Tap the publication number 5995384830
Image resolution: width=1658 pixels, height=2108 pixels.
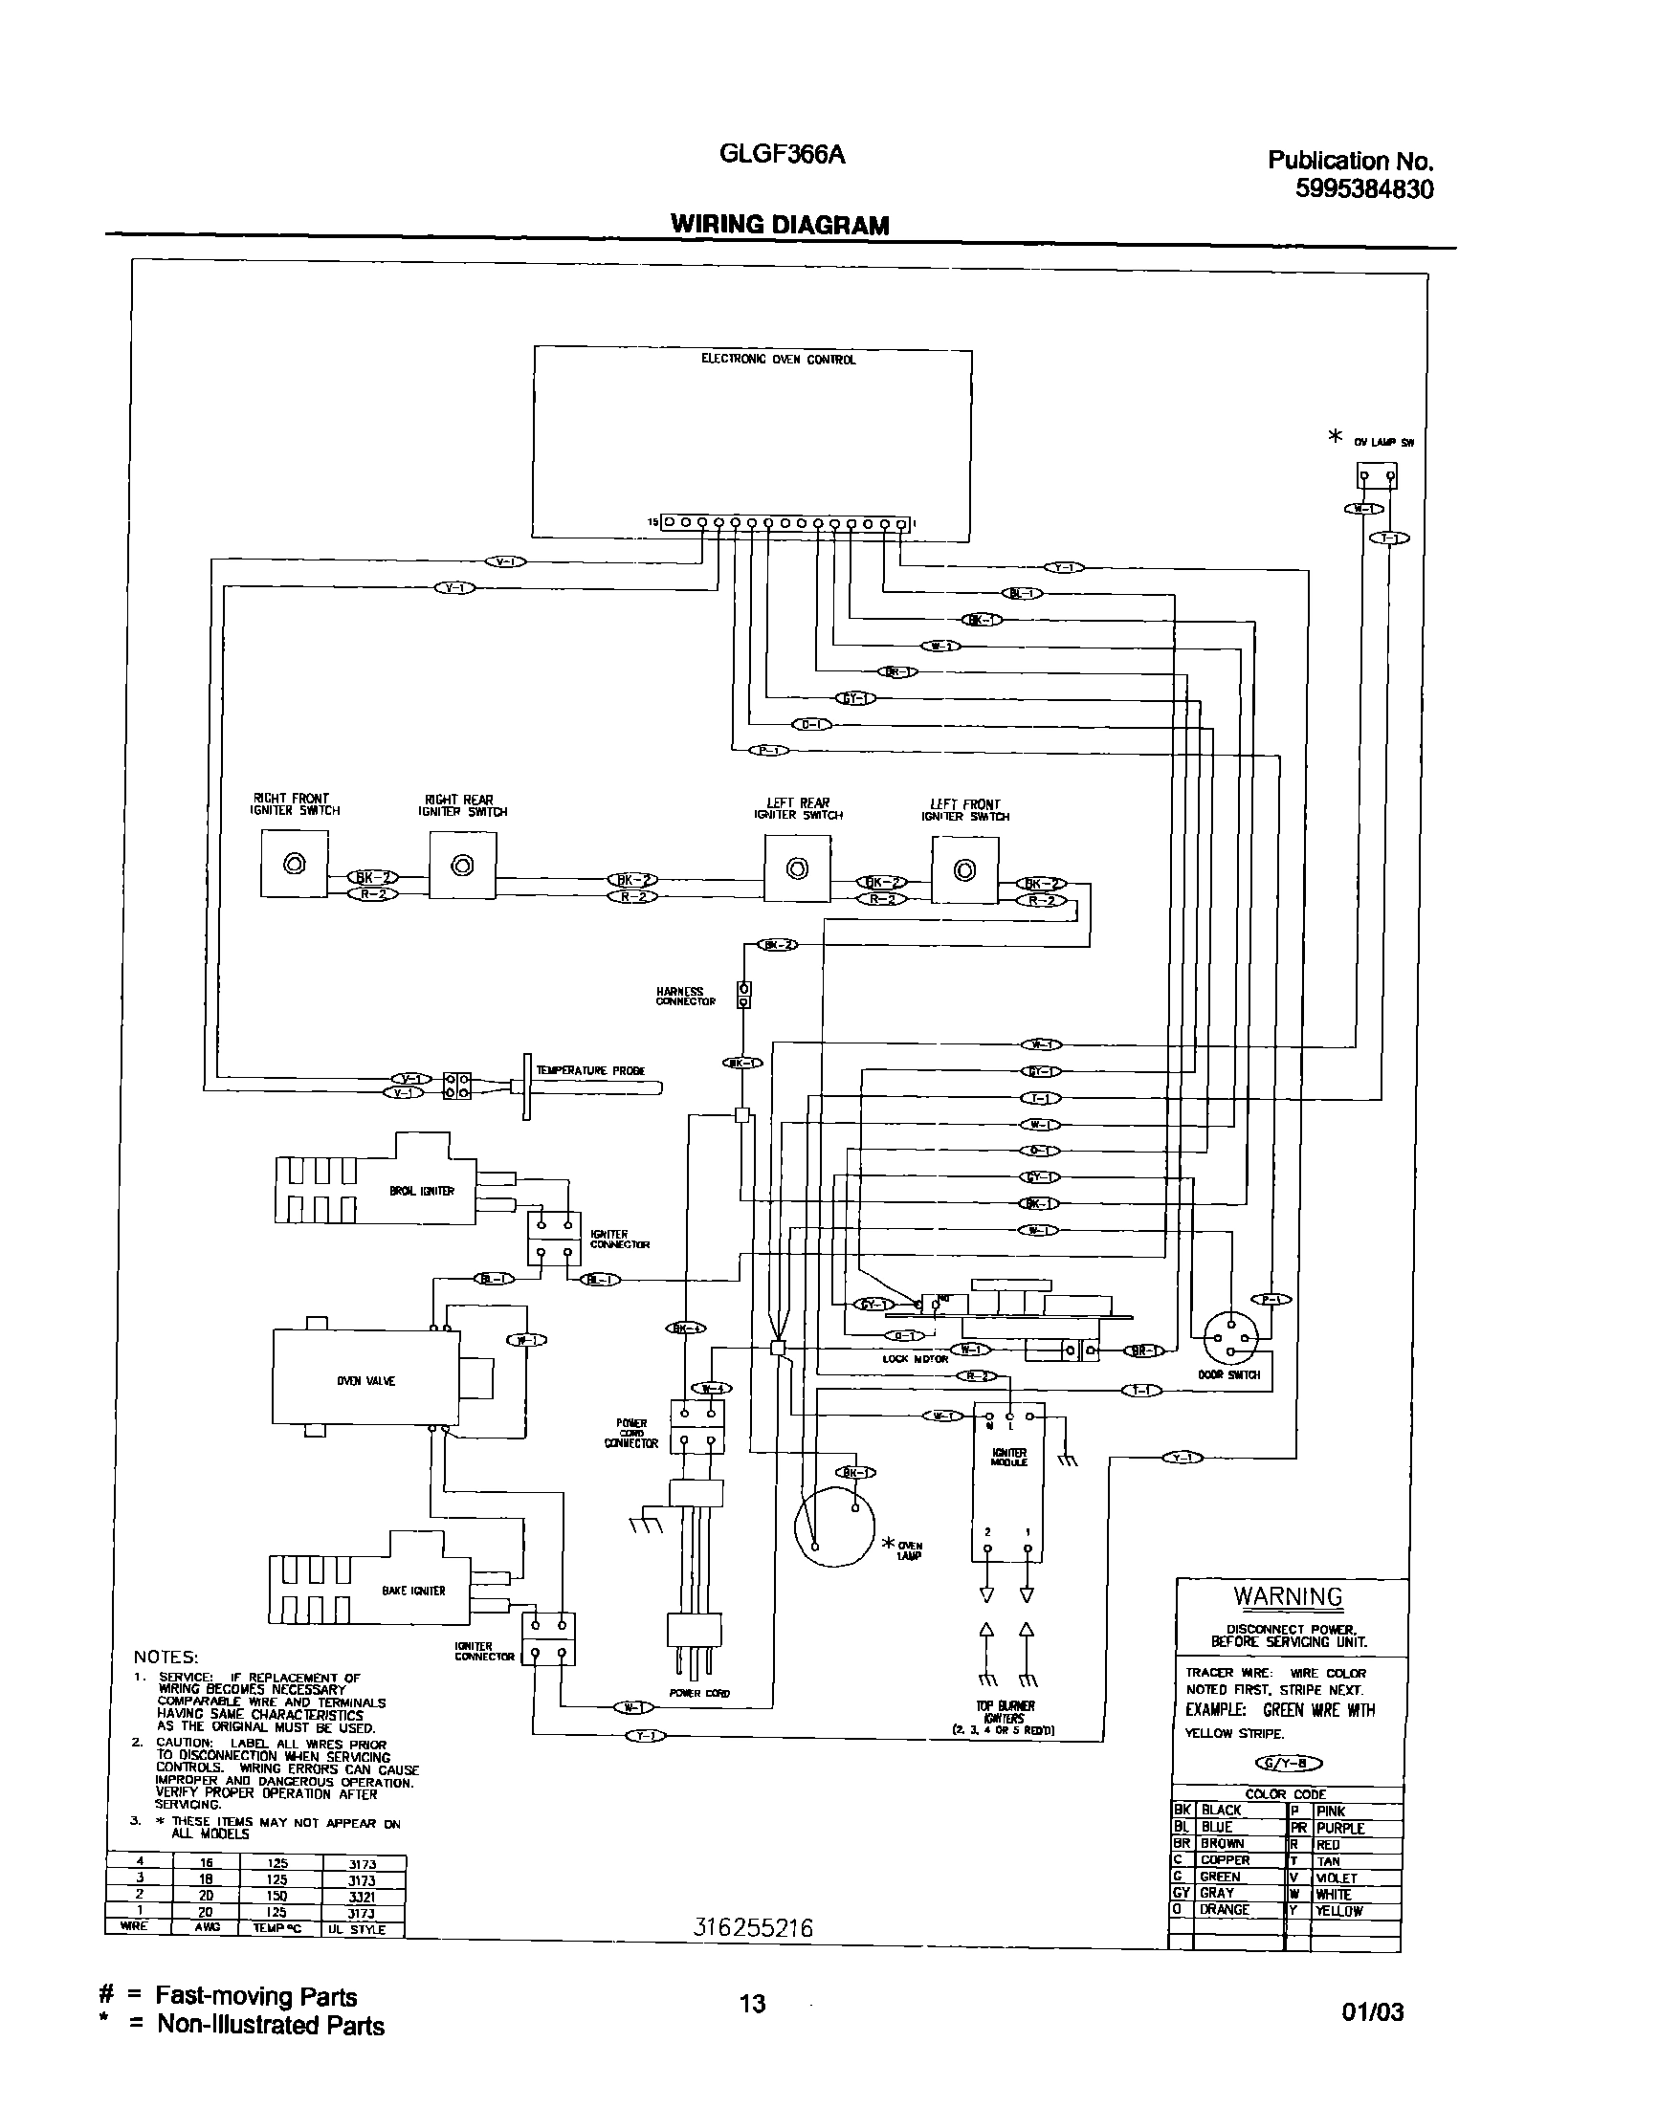pyautogui.click(x=1364, y=189)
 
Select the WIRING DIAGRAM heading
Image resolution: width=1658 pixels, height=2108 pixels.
pyautogui.click(x=780, y=225)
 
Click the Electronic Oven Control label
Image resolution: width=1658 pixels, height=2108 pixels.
pyautogui.click(x=779, y=359)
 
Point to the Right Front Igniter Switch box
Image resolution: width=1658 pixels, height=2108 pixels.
pyautogui.click(x=294, y=864)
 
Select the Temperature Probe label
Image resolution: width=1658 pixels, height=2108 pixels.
pyautogui.click(x=590, y=1070)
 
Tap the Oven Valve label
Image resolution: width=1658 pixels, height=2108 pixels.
pyautogui.click(x=366, y=1381)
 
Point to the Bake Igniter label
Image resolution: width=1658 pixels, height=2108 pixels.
pyautogui.click(x=413, y=1591)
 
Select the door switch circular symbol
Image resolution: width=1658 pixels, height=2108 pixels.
pyautogui.click(x=1230, y=1338)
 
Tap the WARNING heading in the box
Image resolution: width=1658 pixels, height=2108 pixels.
pyautogui.click(x=1287, y=1596)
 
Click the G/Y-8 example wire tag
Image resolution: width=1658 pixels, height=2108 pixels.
pyautogui.click(x=1288, y=1764)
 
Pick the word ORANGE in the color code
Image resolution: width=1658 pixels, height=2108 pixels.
pyautogui.click(x=1224, y=1909)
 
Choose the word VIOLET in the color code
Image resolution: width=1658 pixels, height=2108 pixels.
pyautogui.click(x=1336, y=1878)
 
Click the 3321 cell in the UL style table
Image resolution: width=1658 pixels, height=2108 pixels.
pyautogui.click(x=361, y=1896)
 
